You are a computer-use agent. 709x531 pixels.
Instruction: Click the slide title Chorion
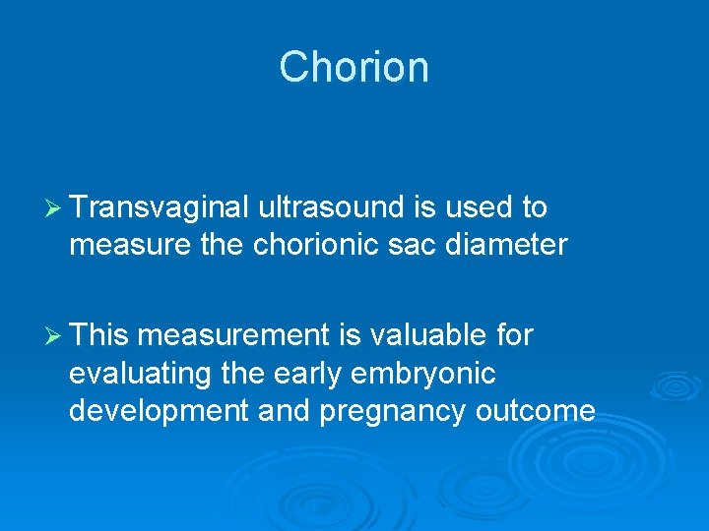pos(354,68)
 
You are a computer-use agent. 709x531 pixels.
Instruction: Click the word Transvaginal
pos(160,208)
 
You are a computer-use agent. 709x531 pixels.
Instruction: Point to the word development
pos(159,411)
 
